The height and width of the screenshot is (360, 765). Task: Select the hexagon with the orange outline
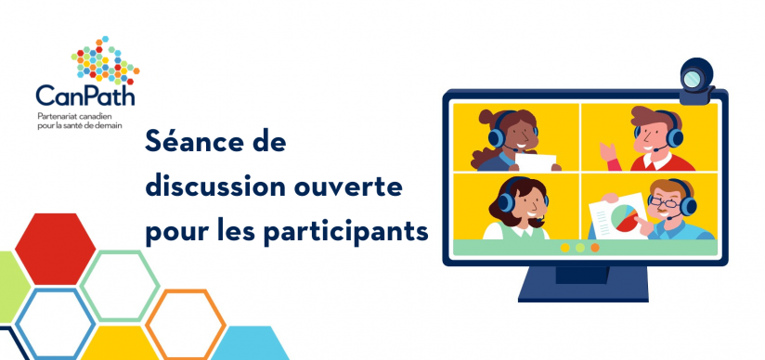click(186, 324)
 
